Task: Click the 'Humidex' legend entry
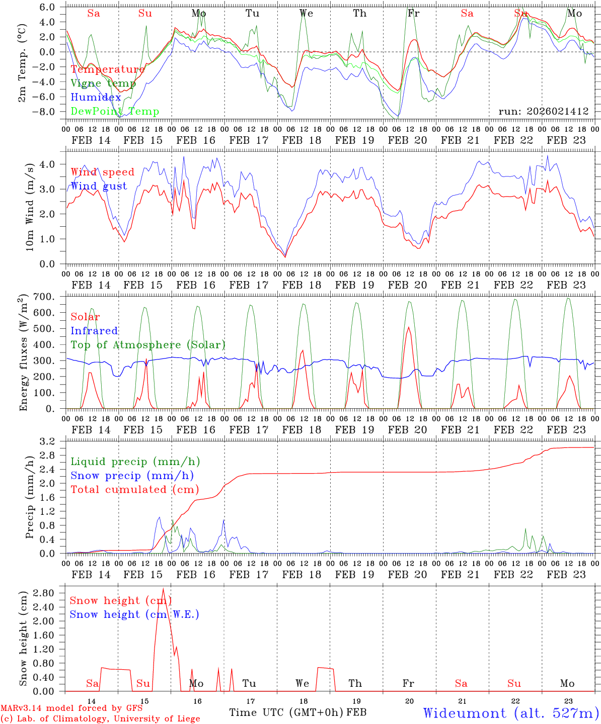96,98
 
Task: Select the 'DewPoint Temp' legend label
115,112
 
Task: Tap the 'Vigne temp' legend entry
103,83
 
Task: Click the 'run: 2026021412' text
543,111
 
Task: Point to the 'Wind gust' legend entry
99,186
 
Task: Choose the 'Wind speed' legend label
102,172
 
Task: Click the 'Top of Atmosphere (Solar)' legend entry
147,345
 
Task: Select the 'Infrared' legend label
94,331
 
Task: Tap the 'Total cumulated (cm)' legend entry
134,489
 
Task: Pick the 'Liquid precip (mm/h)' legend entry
135,462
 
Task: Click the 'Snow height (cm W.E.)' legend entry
134,614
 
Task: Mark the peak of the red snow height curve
163,588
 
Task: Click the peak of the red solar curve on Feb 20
408,327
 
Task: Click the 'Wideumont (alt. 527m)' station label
510,712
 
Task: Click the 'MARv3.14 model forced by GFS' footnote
71,708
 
